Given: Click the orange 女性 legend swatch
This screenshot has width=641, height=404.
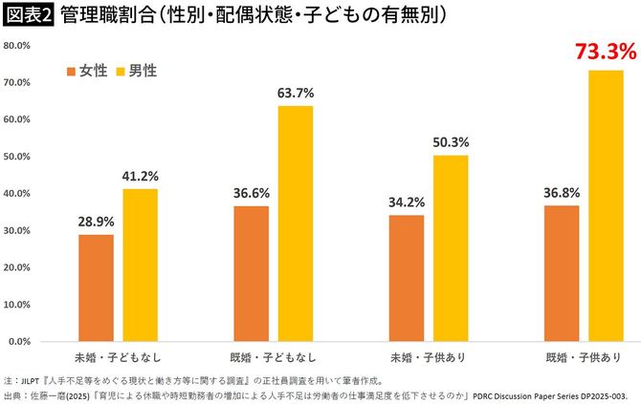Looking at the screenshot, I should pos(71,72).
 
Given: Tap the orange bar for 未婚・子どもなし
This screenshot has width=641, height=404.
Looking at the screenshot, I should pos(96,287).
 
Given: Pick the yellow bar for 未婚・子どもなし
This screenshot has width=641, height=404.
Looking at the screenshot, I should pos(140,265).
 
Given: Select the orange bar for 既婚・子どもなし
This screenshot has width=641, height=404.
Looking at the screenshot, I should pos(252,273).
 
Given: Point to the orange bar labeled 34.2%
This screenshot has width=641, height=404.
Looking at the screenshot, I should pos(407,277).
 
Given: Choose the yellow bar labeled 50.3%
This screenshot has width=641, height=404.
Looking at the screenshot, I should pos(451,247).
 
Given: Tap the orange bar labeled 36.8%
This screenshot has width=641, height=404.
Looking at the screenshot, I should pos(562,272).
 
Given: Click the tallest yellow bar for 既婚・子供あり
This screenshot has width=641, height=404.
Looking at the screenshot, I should pos(606,205).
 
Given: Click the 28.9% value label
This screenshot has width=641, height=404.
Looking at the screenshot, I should pos(96,221).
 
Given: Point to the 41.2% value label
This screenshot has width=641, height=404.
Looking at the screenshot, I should pos(140,176).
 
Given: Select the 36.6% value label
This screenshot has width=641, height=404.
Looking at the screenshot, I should pos(252,192).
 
